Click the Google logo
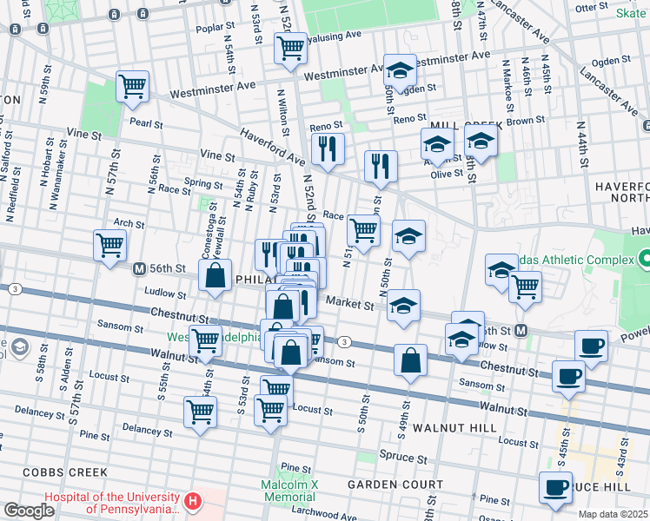pos(29,511)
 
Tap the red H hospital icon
pos(193,502)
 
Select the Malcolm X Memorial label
pos(288,491)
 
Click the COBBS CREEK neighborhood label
pos(54,472)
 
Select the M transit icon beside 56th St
pos(139,269)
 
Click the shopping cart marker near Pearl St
pos(133,86)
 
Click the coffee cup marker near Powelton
pos(591,346)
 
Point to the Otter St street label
pos(614,7)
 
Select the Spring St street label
pos(203,183)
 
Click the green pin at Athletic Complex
pos(644,258)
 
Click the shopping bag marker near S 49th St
pos(410,359)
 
